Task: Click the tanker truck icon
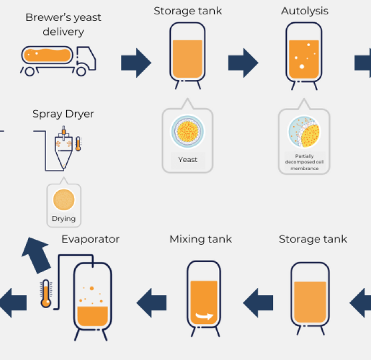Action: (x=58, y=59)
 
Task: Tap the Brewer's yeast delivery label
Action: (x=63, y=24)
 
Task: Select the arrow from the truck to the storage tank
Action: (x=136, y=62)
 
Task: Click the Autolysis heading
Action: (x=304, y=11)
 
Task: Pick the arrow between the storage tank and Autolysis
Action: (x=243, y=62)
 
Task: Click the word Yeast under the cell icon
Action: (x=188, y=159)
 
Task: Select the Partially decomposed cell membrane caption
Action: (x=304, y=162)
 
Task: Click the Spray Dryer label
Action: (x=63, y=114)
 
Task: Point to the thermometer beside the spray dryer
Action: (x=78, y=143)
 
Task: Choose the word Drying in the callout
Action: (x=64, y=219)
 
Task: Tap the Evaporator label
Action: (x=90, y=239)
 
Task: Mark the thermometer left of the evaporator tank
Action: (x=46, y=293)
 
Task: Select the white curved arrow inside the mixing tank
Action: (x=204, y=317)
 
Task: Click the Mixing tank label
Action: (x=200, y=239)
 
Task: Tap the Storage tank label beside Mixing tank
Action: (x=313, y=239)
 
